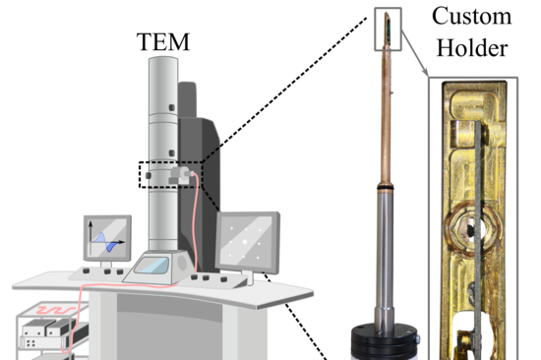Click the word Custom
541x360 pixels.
click(473, 17)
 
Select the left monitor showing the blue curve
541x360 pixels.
click(107, 239)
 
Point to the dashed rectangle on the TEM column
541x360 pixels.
click(170, 174)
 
